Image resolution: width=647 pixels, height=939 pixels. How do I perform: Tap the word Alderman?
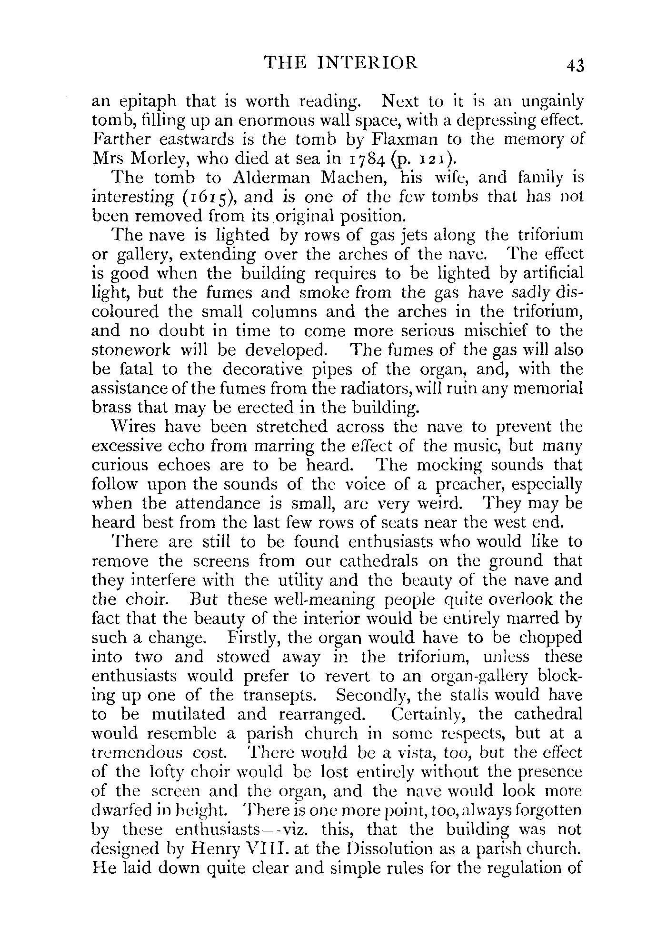click(x=271, y=178)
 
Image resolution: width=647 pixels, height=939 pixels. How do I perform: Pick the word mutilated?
click(x=188, y=715)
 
